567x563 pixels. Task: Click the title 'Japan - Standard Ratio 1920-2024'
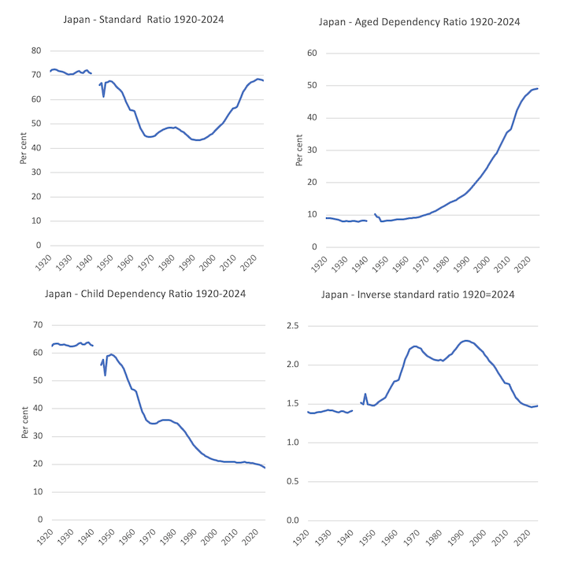click(x=143, y=18)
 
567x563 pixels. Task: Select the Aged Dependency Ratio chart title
click(x=419, y=22)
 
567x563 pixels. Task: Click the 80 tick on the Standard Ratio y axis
click(x=35, y=50)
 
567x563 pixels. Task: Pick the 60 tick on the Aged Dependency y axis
click(x=311, y=53)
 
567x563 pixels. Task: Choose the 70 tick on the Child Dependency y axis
click(x=35, y=324)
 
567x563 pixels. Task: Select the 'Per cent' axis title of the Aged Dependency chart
click(x=298, y=150)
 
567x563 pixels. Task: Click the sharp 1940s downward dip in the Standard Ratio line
click(x=103, y=96)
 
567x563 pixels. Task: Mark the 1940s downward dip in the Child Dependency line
click(x=105, y=375)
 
